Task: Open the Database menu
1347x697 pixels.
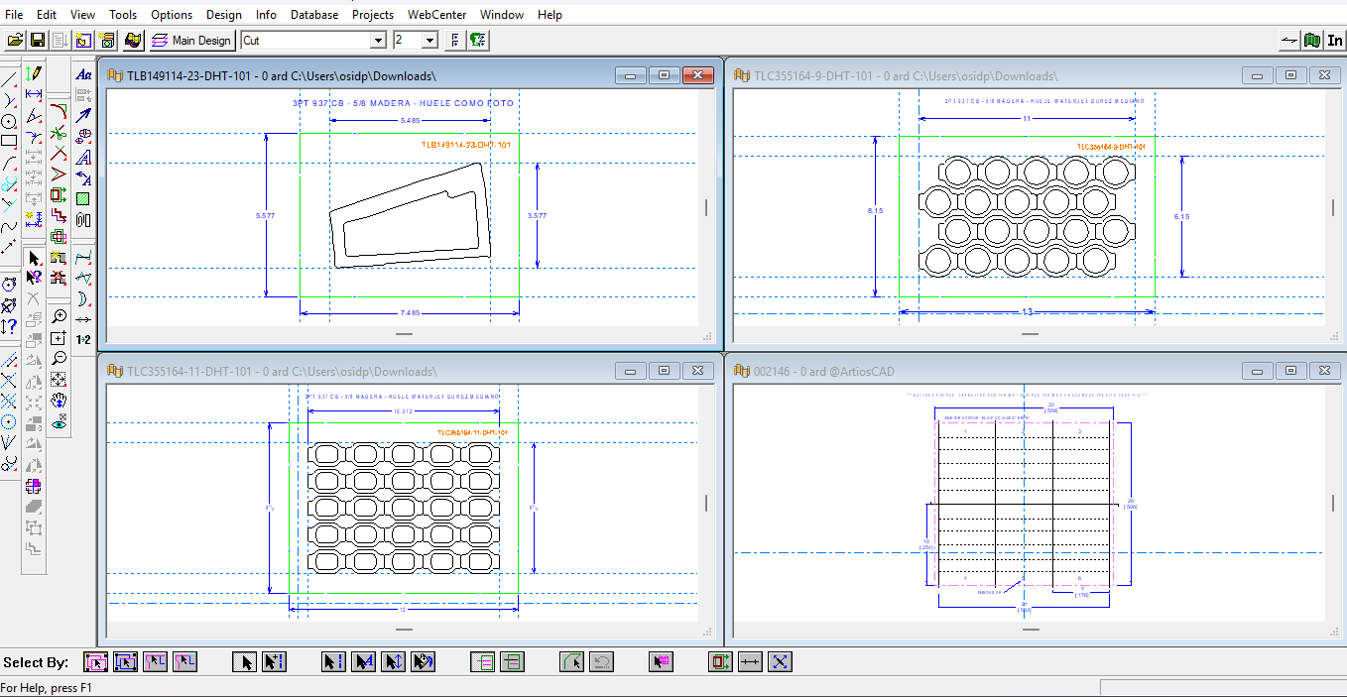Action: click(x=313, y=15)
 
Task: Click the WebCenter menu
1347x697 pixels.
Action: click(x=436, y=15)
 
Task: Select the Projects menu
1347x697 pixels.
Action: click(x=372, y=15)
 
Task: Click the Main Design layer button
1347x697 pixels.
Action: click(x=191, y=41)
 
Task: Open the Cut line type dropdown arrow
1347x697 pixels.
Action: click(x=378, y=41)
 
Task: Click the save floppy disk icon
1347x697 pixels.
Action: click(x=38, y=41)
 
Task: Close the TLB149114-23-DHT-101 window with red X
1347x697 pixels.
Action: click(x=698, y=75)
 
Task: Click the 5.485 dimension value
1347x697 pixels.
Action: click(x=410, y=120)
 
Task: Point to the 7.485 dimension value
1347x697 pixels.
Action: click(x=410, y=313)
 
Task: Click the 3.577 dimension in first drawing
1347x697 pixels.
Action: click(x=537, y=215)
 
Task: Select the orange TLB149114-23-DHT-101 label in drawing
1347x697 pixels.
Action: click(x=466, y=145)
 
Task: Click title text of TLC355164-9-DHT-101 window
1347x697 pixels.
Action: click(x=905, y=76)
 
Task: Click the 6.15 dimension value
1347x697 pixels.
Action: click(x=1181, y=217)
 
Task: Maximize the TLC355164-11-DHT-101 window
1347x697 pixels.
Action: click(x=664, y=371)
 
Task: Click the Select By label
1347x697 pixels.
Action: click(x=36, y=662)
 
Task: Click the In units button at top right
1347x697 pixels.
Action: click(x=1335, y=41)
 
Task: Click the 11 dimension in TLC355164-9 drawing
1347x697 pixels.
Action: click(x=1027, y=118)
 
